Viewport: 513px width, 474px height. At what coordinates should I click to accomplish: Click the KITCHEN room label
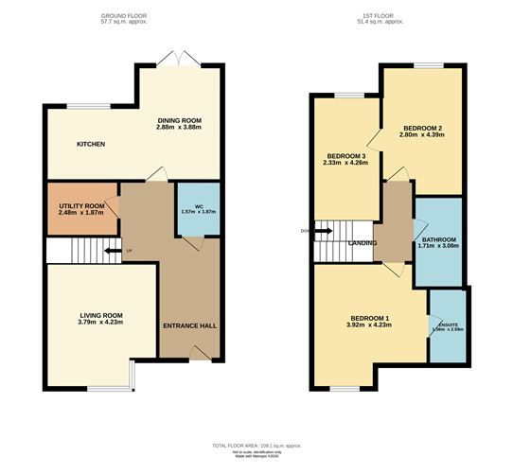pos(91,144)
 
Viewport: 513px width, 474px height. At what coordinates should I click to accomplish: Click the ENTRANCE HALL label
pos(189,325)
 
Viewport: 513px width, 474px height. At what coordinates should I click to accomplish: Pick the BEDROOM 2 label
pos(423,127)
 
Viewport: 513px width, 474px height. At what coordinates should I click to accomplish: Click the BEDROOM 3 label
pos(346,156)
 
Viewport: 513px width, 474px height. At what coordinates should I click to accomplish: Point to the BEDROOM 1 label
pos(370,317)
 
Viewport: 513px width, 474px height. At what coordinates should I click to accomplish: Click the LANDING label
pos(363,243)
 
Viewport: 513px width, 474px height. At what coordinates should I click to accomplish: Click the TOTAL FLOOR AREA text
pos(256,445)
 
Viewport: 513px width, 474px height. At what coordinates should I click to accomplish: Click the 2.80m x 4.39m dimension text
pos(423,134)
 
